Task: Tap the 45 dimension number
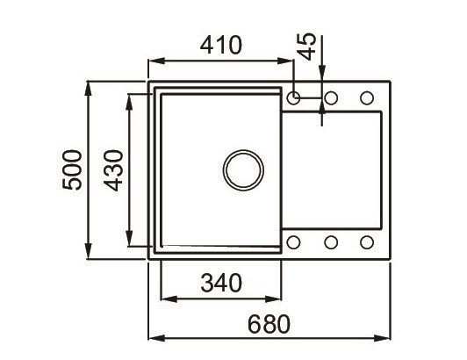[x=305, y=46]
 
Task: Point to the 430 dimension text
[x=111, y=169]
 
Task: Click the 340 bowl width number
[x=219, y=283]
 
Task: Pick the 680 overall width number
[x=267, y=322]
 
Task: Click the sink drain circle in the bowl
[x=241, y=169]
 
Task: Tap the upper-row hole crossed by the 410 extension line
[x=294, y=97]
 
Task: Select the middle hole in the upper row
[x=331, y=97]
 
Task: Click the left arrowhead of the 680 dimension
[x=152, y=338]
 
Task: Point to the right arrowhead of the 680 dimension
[x=385, y=338]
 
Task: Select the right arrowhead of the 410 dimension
[x=289, y=61]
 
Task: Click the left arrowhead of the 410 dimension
[x=152, y=61]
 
